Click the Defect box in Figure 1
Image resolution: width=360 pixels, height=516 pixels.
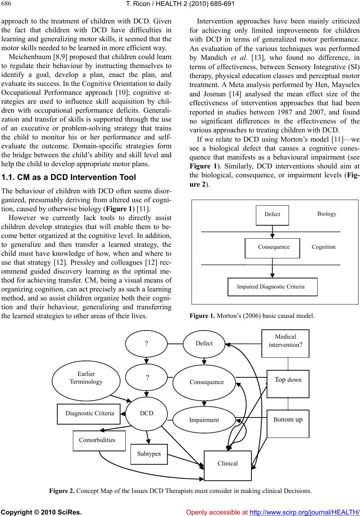pos(272,215)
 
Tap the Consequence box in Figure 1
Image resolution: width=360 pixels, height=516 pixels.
pos(272,248)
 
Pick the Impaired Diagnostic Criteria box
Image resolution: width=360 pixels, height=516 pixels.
pos(272,287)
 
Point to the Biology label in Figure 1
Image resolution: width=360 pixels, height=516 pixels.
pos(327,214)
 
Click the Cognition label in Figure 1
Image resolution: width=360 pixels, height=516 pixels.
pos(324,247)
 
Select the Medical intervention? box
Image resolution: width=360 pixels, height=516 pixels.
pos(285,343)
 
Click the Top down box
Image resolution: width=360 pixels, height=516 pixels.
pos(288,383)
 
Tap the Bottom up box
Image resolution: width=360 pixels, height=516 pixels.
pos(288,423)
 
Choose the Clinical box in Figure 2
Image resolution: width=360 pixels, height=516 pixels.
pos(228,465)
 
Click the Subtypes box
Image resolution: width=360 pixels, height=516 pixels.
pos(149,454)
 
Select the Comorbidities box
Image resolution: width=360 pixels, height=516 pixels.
pos(99,441)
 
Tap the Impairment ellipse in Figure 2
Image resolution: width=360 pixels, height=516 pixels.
pos(204,420)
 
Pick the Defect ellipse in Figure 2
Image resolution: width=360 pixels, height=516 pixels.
pos(204,344)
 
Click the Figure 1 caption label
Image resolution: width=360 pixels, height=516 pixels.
pos(202,316)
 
